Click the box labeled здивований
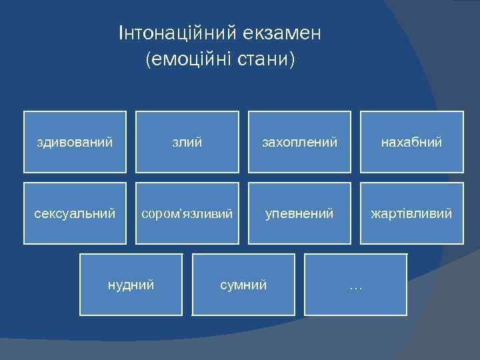(x=75, y=141)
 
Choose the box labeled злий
(x=187, y=141)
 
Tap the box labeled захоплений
(x=299, y=141)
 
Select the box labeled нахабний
(x=411, y=141)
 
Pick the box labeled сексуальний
(x=75, y=213)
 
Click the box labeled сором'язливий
(x=187, y=213)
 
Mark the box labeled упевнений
(x=299, y=213)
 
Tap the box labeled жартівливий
(x=411, y=213)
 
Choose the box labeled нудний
(x=131, y=285)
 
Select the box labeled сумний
(x=243, y=285)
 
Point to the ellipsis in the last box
(x=355, y=287)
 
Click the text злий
(x=187, y=142)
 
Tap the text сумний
(x=243, y=285)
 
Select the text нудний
(x=131, y=285)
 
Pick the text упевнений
(x=299, y=214)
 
